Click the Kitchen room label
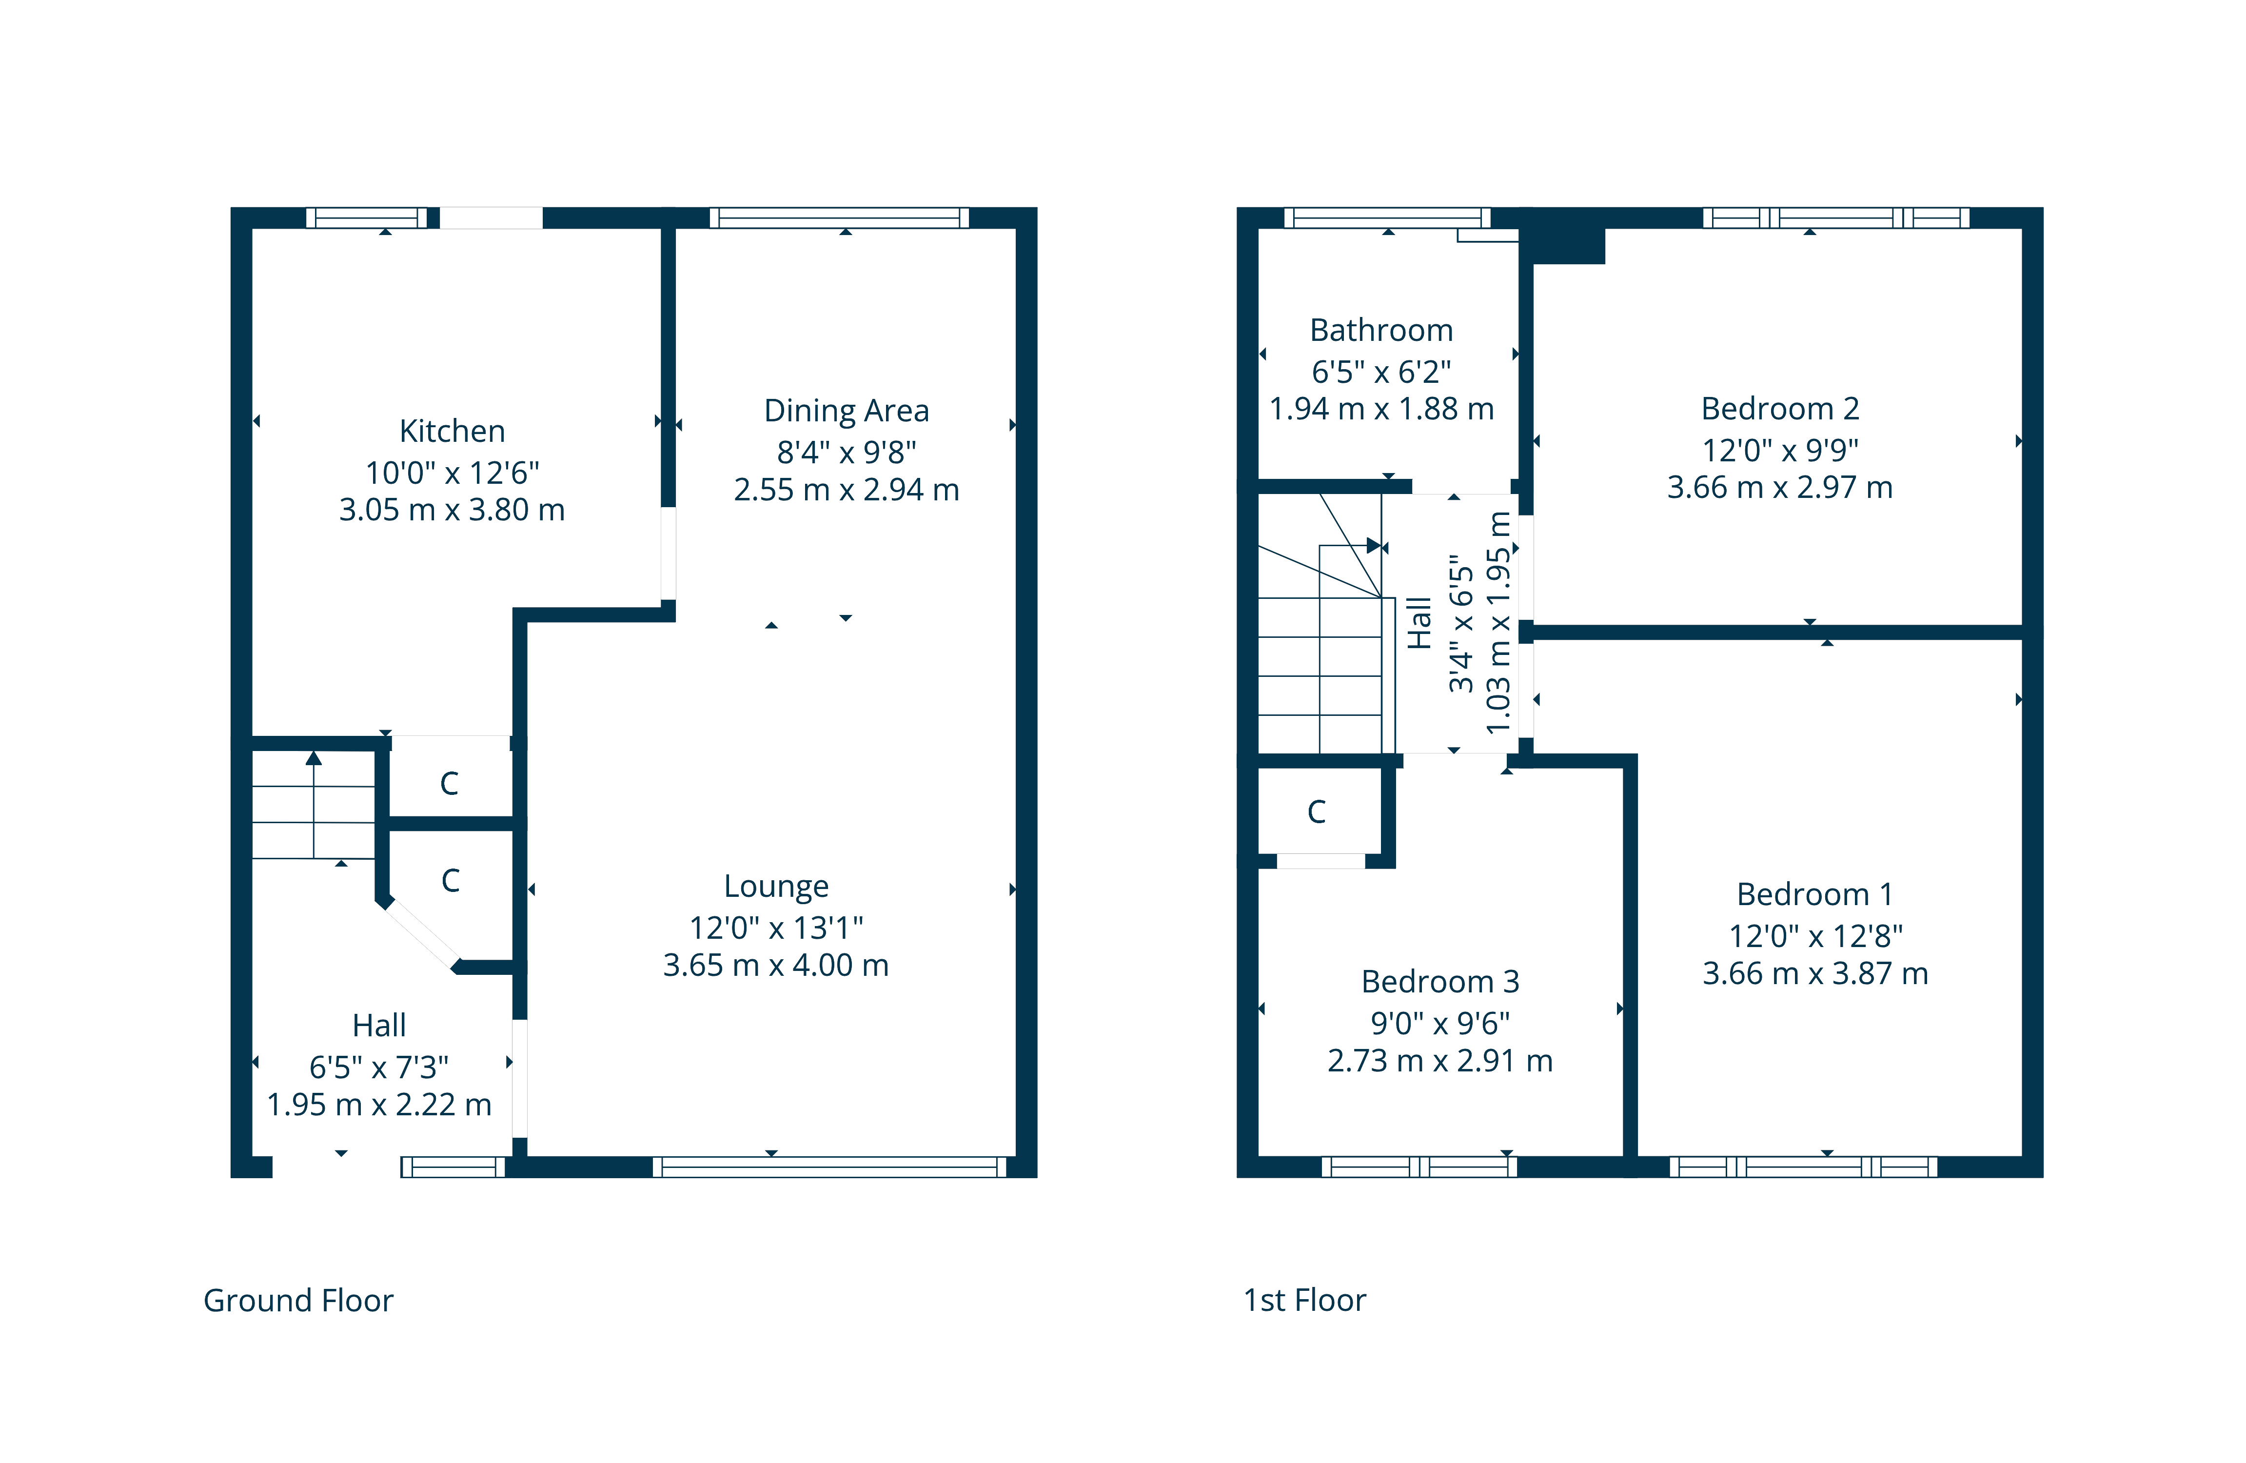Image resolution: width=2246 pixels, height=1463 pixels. click(452, 432)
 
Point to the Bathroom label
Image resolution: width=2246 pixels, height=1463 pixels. click(1381, 330)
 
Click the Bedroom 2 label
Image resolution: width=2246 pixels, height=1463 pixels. click(1780, 409)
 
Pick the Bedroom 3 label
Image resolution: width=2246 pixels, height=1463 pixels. click(1440, 982)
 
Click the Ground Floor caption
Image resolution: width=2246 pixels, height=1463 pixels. click(298, 1301)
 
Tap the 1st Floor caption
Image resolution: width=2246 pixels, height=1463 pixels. click(1305, 1301)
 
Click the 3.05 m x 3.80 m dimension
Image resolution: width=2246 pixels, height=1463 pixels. click(452, 510)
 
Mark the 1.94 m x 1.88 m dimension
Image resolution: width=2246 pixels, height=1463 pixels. click(1381, 409)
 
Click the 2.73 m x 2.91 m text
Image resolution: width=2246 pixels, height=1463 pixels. click(1440, 1061)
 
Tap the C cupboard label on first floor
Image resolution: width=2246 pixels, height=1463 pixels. click(1317, 812)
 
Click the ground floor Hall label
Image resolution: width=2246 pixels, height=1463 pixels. click(379, 1025)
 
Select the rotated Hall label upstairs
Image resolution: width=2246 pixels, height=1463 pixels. click(1419, 623)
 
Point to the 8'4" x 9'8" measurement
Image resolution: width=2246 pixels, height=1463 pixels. click(847, 452)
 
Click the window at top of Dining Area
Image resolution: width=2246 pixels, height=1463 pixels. click(839, 218)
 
